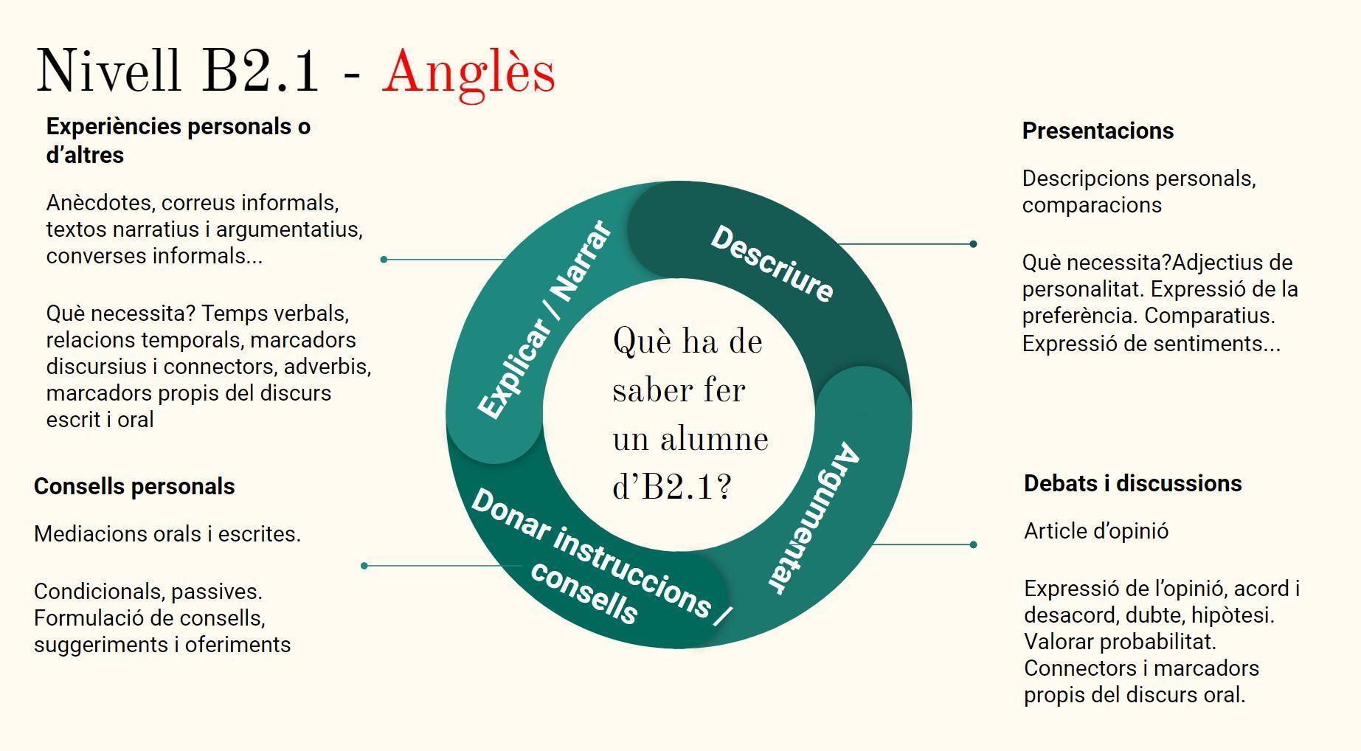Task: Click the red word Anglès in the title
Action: click(x=468, y=72)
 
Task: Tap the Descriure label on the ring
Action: click(x=772, y=263)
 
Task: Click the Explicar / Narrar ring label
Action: click(x=544, y=319)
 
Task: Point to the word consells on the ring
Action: click(x=583, y=593)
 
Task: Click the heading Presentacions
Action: click(x=1097, y=131)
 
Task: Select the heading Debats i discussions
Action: click(x=1132, y=483)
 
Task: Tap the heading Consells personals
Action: click(x=134, y=486)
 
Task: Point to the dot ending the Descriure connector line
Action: click(x=973, y=243)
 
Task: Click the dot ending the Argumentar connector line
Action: click(x=973, y=544)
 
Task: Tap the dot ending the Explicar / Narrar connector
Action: click(x=384, y=259)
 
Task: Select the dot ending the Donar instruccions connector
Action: click(x=364, y=566)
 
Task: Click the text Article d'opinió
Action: click(x=1095, y=530)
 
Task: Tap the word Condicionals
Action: click(x=90, y=591)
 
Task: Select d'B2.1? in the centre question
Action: click(x=672, y=486)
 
